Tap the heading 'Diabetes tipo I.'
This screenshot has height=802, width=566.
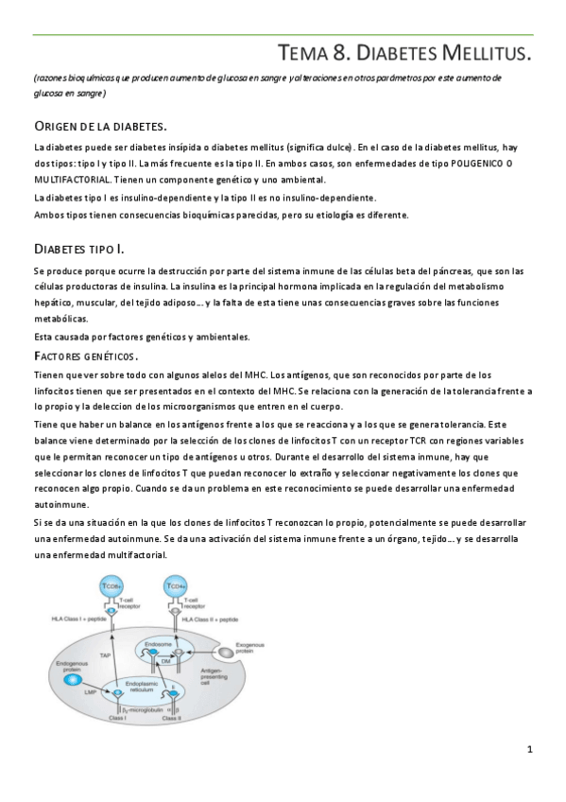coord(78,248)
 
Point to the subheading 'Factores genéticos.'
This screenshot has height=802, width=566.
coord(85,356)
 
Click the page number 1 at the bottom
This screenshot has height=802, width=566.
coord(530,750)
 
